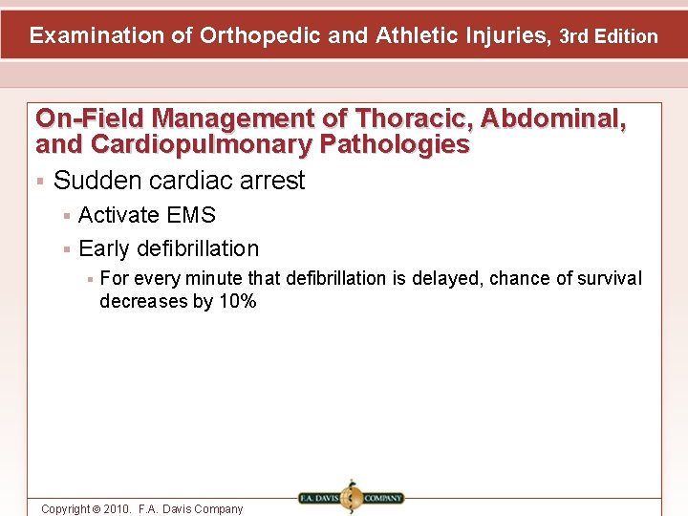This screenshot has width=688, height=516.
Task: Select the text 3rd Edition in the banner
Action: pos(609,37)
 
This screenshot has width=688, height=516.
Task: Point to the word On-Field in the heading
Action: pos(90,118)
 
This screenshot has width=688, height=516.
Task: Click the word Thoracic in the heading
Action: pos(413,118)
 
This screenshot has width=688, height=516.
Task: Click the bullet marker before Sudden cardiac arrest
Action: pos(39,181)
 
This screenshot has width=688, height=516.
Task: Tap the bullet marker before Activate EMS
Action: pos(65,216)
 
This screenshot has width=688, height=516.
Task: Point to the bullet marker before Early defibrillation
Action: pos(65,249)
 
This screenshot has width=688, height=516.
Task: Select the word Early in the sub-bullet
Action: pos(104,248)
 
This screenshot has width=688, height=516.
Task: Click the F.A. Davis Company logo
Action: pos(351,497)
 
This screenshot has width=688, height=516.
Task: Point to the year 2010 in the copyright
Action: pos(114,509)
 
